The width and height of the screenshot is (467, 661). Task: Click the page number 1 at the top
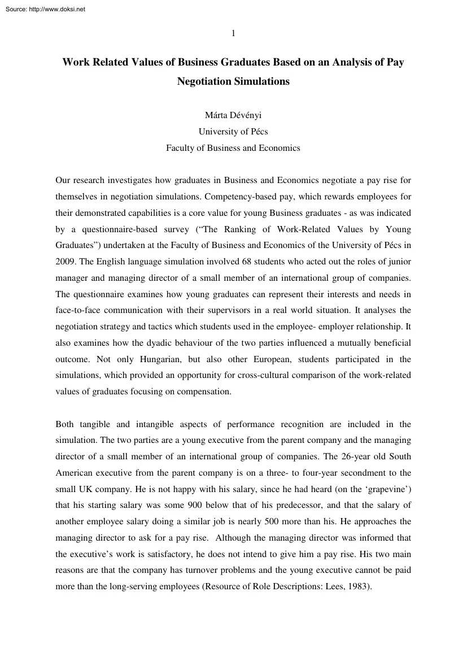click(233, 33)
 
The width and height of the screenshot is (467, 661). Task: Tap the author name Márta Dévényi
click(233, 116)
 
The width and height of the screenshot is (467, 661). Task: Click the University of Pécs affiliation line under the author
click(233, 132)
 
